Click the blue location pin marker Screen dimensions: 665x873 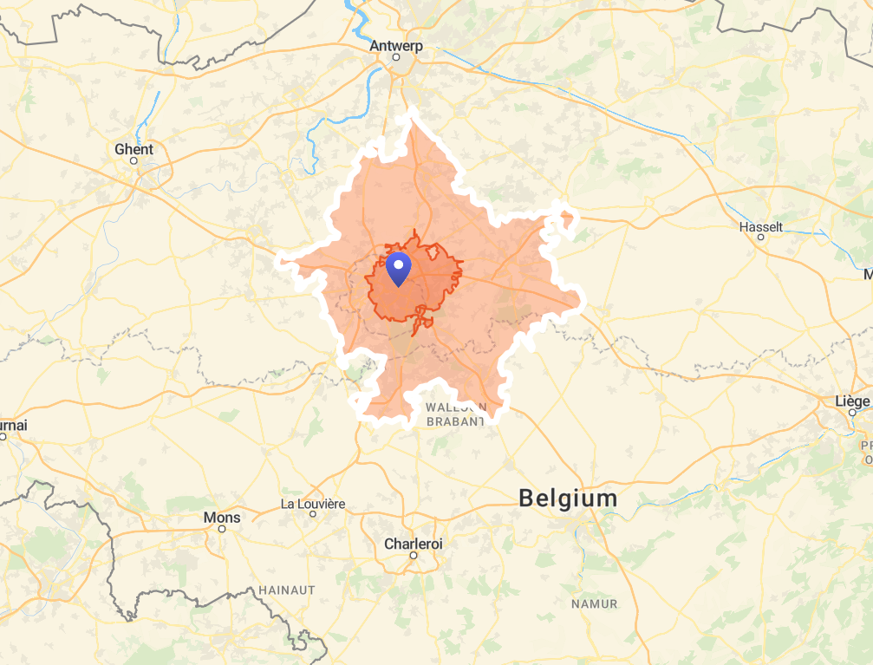[x=398, y=270]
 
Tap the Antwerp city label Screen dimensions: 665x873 [x=396, y=45]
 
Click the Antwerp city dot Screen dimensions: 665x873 [x=396, y=57]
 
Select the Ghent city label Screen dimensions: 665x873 [x=134, y=149]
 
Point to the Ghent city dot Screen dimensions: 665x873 [x=134, y=160]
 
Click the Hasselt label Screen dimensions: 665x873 [x=760, y=227]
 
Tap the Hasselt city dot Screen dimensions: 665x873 [x=761, y=237]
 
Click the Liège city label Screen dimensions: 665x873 [x=852, y=401]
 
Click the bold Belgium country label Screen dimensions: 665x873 [x=568, y=499]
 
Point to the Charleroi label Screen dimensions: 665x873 [x=414, y=544]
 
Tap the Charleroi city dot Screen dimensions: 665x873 [x=414, y=555]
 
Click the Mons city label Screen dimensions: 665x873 [x=222, y=518]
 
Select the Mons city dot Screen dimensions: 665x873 [x=222, y=528]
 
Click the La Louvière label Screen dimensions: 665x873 [x=313, y=504]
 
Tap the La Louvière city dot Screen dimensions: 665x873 [x=313, y=513]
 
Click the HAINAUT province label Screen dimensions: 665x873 [x=287, y=590]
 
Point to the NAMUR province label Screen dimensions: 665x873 [x=594, y=603]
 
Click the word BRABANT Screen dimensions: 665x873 [x=455, y=421]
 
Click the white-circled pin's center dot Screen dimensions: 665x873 [x=398, y=264]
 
